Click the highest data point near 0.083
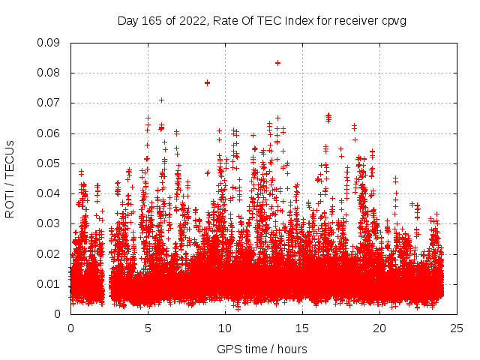click(x=277, y=63)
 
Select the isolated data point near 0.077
click(x=207, y=82)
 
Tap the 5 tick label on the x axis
click(x=148, y=328)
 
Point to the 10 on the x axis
click(x=225, y=328)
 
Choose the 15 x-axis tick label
click(x=302, y=328)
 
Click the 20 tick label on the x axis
click(x=379, y=328)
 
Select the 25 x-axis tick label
click(x=457, y=328)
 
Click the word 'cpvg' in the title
click(x=394, y=20)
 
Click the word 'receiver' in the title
click(x=357, y=20)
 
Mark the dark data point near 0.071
click(x=161, y=100)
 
